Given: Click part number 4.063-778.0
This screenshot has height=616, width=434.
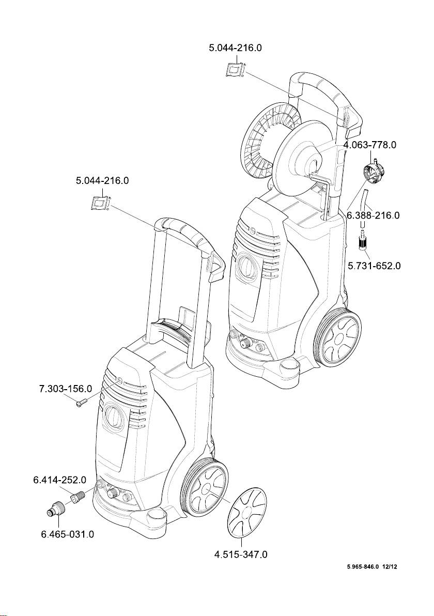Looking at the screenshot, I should click(369, 145).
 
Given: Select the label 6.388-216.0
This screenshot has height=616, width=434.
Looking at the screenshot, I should click(373, 215).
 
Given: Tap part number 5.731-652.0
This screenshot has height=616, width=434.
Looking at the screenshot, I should click(374, 266).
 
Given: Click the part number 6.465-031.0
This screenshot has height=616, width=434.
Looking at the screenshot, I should click(67, 534).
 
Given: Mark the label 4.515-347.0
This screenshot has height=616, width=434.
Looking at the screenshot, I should click(241, 555).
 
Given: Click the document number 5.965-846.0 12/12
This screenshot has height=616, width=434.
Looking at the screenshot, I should click(371, 567).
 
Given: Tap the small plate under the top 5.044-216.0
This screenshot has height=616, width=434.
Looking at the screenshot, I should click(235, 69).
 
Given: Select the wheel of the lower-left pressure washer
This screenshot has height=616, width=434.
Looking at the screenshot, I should click(205, 489).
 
